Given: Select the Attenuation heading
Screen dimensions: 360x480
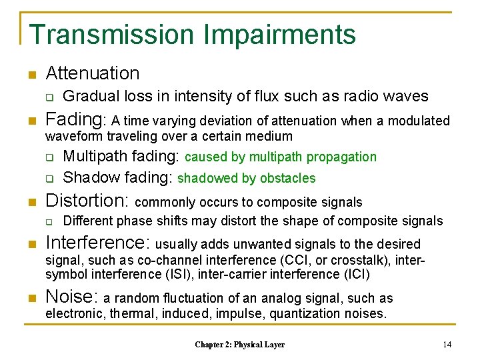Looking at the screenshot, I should (93, 73).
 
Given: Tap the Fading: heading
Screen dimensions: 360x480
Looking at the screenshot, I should (75, 120).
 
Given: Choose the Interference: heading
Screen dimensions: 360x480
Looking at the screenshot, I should (97, 243).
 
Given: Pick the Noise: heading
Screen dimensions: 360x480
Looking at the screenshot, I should (72, 297).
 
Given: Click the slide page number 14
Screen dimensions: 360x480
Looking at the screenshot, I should (447, 344).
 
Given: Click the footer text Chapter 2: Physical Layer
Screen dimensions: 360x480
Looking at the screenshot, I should (239, 345).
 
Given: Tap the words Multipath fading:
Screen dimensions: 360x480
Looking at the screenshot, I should (121, 157).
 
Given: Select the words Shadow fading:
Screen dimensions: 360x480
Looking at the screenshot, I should (117, 177).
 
